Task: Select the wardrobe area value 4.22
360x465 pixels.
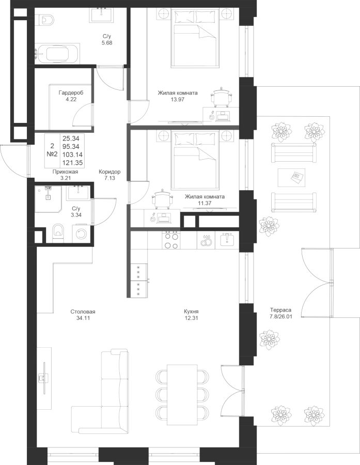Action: (x=68, y=99)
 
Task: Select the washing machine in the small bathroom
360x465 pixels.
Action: (x=81, y=234)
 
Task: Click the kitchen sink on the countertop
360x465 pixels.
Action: (x=227, y=239)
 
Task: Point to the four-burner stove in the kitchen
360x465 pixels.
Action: (x=171, y=239)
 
